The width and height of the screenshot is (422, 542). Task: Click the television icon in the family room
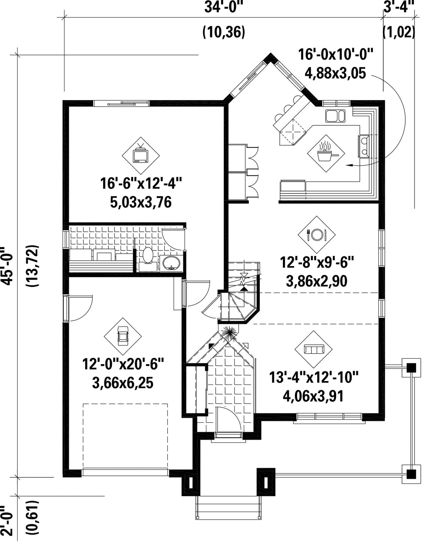coord(141,155)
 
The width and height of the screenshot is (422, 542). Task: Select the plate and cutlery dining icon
coord(316,234)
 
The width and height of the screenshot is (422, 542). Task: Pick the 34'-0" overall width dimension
coord(224,7)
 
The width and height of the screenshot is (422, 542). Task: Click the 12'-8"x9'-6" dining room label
coord(316,263)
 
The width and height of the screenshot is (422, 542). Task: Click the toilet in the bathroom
coord(148,258)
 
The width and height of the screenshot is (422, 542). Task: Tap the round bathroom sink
coord(171,263)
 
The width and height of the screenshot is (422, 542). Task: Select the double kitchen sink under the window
coord(335,116)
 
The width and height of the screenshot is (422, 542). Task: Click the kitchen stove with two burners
coord(364,146)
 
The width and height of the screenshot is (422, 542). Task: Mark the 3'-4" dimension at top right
coord(399,7)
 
